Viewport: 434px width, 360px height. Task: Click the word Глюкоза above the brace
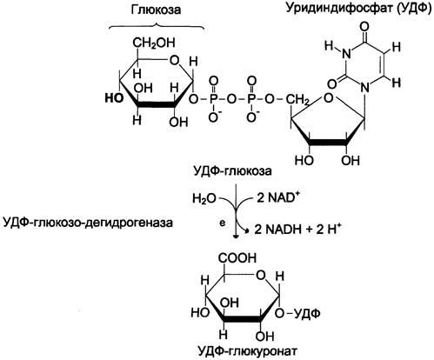[156, 10]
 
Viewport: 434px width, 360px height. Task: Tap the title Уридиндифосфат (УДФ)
[358, 8]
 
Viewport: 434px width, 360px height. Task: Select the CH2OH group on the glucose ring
[154, 43]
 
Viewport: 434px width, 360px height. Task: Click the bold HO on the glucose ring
[114, 98]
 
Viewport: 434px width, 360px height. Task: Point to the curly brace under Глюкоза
[157, 26]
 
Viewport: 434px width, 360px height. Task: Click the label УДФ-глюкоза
[232, 171]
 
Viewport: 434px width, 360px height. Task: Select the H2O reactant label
[204, 199]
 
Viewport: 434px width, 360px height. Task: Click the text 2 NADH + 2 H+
[297, 229]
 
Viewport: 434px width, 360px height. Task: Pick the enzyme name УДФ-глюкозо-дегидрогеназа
[88, 223]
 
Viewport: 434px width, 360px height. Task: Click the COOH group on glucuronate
[237, 258]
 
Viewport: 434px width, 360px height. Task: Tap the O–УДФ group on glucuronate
[297, 314]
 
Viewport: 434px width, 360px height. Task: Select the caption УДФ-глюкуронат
[248, 352]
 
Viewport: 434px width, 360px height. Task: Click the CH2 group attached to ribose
[297, 100]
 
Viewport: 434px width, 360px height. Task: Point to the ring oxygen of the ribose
[328, 98]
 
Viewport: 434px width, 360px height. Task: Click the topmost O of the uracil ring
[365, 29]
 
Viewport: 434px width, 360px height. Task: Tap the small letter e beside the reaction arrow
[223, 223]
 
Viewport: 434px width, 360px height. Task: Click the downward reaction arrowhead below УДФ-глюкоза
[237, 236]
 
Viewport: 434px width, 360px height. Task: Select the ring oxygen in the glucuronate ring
[261, 276]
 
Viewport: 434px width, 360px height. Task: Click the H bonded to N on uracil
[329, 46]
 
